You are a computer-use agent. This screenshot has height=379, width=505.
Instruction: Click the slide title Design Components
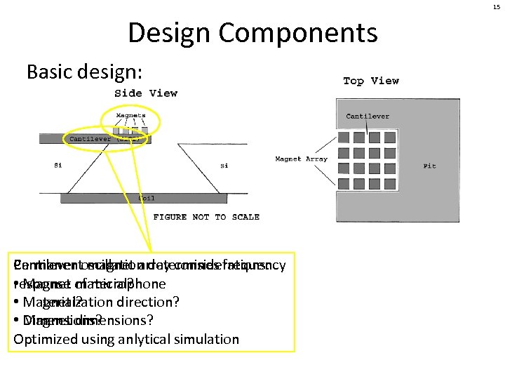pos(252,32)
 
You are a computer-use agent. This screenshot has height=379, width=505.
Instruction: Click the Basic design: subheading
pos(84,72)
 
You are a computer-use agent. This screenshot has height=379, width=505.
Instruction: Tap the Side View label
pos(146,93)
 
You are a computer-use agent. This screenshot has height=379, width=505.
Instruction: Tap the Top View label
pos(371,81)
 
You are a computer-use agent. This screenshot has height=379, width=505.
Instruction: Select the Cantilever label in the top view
pos(368,117)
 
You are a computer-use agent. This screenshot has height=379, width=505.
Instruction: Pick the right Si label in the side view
pos(224,166)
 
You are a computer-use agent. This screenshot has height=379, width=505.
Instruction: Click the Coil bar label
pos(146,198)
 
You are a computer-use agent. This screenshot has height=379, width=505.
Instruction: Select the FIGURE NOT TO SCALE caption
pos(206,217)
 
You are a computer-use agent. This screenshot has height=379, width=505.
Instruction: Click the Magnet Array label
pos(301,159)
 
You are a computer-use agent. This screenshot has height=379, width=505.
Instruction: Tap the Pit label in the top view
pos(429,166)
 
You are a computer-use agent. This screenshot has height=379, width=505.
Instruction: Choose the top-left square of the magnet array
pos(344,138)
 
